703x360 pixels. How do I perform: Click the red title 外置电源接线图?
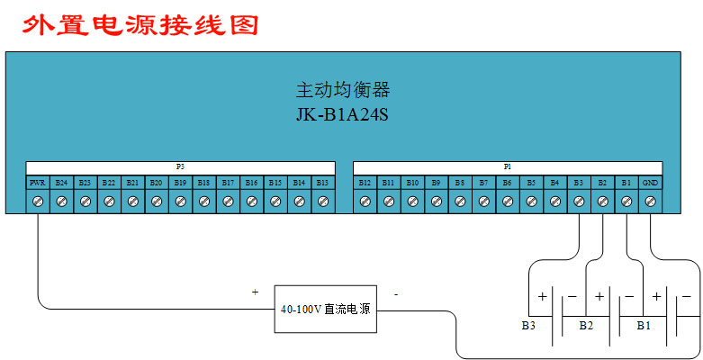140,23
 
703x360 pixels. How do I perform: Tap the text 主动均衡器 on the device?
343,91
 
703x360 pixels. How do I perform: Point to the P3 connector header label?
180,167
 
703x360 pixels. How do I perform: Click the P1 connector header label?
508,167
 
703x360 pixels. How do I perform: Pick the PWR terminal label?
38,183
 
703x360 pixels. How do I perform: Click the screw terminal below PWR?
38,202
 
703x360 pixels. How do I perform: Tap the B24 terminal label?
61,183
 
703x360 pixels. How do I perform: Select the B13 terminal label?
322,183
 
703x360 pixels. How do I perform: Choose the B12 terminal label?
365,183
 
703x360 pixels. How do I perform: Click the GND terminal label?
650,183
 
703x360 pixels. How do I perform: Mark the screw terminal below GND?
650,202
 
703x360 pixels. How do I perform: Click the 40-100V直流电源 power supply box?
327,309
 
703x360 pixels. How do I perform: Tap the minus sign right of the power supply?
396,293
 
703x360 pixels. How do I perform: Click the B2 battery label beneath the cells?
586,324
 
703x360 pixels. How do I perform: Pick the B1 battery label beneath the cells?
643,324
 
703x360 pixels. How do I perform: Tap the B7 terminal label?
483,183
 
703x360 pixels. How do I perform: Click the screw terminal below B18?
203,202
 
